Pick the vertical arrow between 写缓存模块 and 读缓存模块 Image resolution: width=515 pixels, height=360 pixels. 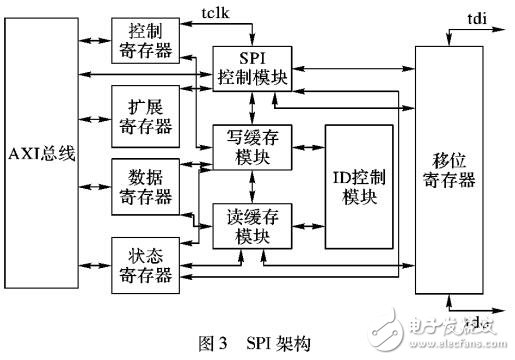253,185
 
